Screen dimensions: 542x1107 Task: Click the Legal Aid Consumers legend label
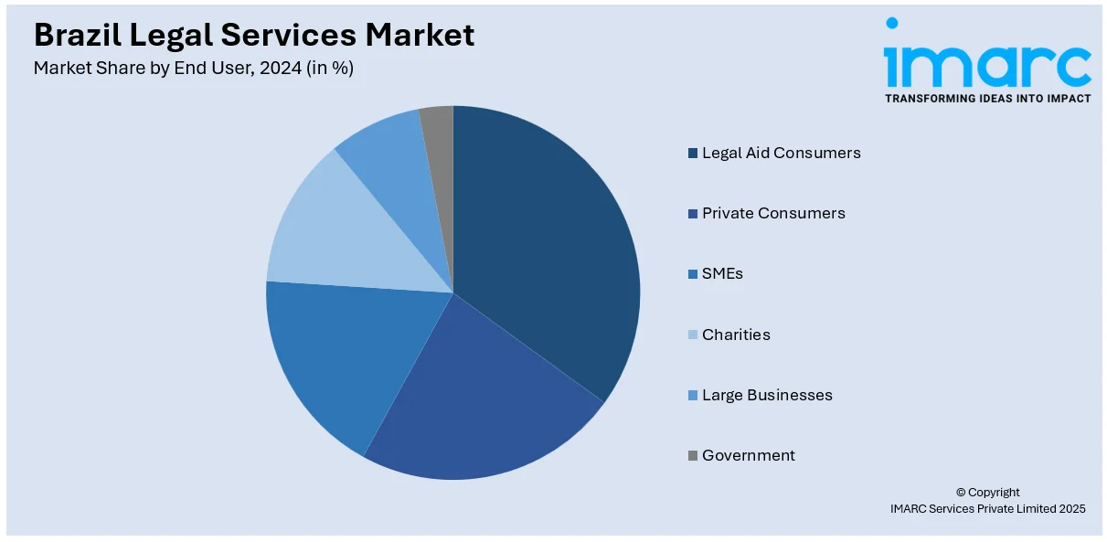click(x=781, y=153)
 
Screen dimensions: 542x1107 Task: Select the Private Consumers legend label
click(x=773, y=213)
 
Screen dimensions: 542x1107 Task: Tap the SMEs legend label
click(x=722, y=273)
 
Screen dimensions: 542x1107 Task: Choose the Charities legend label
click(x=736, y=335)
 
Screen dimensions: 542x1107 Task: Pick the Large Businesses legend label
click(x=767, y=395)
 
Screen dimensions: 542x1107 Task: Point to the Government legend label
click(x=748, y=455)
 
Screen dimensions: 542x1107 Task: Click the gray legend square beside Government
click(x=693, y=455)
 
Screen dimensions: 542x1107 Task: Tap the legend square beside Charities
click(x=693, y=335)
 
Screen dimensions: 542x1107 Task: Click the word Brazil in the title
click(x=76, y=35)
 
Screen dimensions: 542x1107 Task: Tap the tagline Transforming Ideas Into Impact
click(x=987, y=98)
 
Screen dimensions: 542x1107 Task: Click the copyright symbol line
click(x=987, y=492)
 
